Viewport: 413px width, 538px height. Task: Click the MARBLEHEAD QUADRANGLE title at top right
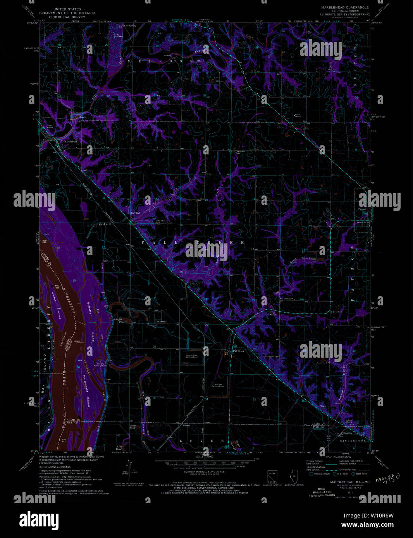pyautogui.click(x=344, y=7)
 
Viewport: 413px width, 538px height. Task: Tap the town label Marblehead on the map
pyautogui.click(x=71, y=142)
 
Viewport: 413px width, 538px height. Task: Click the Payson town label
pyautogui.click(x=362, y=209)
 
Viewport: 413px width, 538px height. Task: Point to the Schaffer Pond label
pyautogui.click(x=118, y=320)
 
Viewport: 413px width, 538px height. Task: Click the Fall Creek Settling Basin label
pyautogui.click(x=217, y=386)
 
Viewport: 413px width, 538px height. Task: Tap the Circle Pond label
pyautogui.click(x=133, y=427)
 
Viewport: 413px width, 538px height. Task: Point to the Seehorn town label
pyautogui.click(x=347, y=433)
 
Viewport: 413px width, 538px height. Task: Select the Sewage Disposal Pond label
pyautogui.click(x=309, y=259)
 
